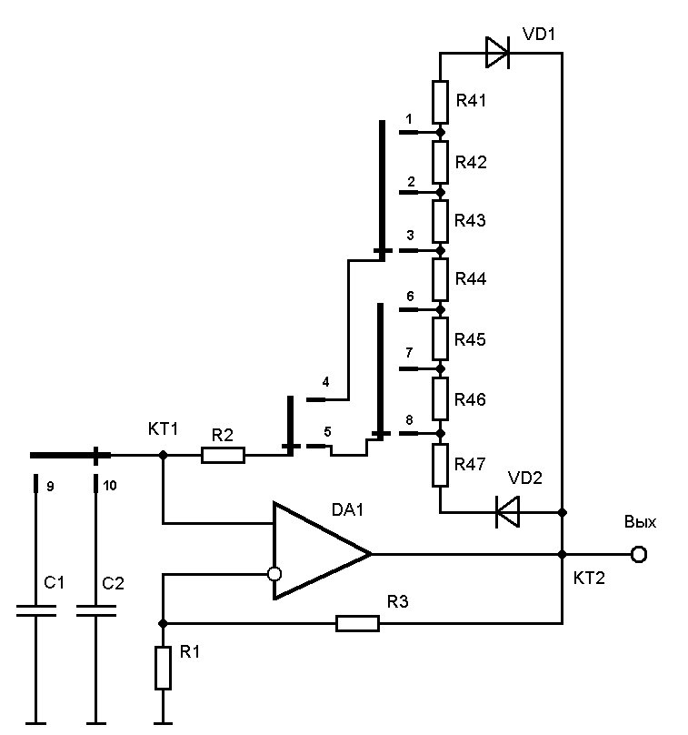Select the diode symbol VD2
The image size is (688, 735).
[x=507, y=512]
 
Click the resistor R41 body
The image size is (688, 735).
[x=440, y=102]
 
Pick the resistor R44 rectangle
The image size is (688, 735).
[x=440, y=279]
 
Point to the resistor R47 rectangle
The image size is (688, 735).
[x=440, y=465]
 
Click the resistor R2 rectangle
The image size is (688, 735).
[x=223, y=454]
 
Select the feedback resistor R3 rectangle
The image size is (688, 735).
[x=357, y=623]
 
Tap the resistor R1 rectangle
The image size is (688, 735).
[x=163, y=669]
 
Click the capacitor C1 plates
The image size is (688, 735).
[x=37, y=614]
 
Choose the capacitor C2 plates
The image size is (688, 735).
[x=96, y=614]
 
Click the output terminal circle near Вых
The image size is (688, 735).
[x=639, y=554]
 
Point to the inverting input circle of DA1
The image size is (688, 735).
[x=274, y=574]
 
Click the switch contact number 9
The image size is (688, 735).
[x=49, y=486]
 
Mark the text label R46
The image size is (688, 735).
[x=472, y=399]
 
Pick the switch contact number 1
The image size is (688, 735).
[x=409, y=119]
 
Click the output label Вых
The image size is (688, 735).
[x=640, y=523]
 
